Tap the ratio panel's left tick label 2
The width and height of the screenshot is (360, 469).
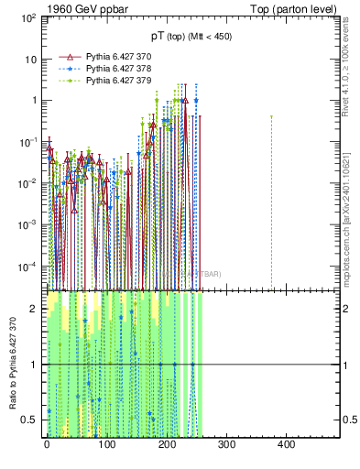35,309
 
